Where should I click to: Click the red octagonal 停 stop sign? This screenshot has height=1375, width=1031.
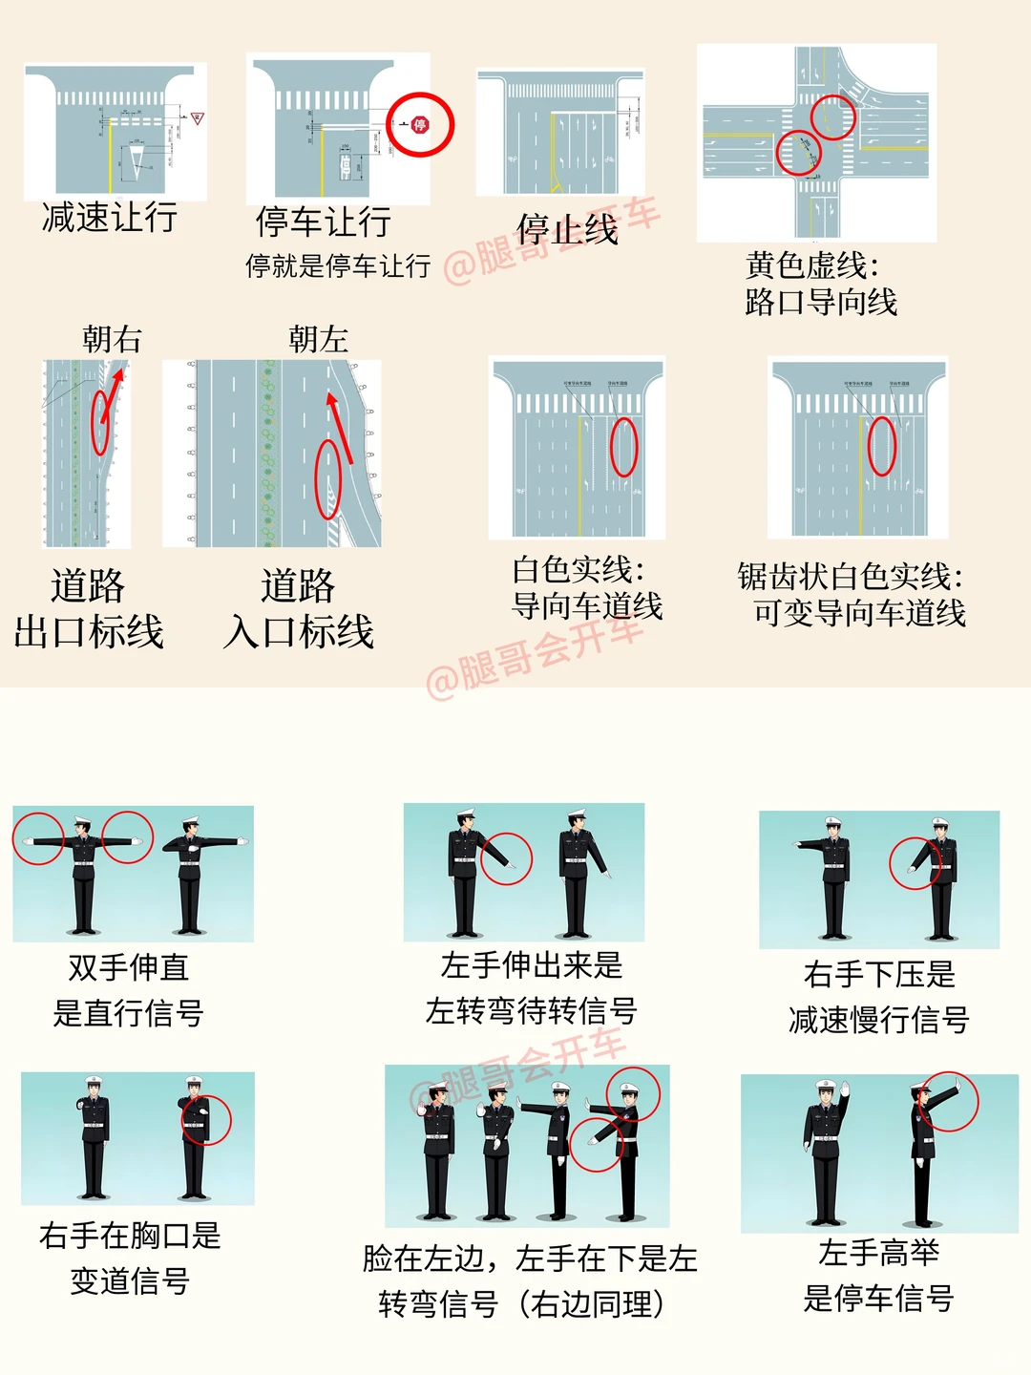click(420, 124)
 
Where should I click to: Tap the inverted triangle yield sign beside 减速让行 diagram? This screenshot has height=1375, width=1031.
click(198, 118)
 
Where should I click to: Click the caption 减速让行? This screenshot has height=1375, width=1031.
click(110, 218)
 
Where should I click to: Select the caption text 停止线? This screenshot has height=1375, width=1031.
click(567, 229)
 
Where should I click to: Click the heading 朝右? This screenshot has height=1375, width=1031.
click(112, 339)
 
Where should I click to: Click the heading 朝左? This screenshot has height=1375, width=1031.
click(318, 339)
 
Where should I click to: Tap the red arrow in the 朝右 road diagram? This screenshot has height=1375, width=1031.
click(114, 391)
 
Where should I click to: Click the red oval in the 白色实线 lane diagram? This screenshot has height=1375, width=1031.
click(623, 447)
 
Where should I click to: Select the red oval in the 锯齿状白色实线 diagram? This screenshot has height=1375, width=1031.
click(881, 446)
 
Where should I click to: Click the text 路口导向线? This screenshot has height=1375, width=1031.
click(821, 303)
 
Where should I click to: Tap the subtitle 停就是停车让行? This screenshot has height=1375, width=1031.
click(338, 265)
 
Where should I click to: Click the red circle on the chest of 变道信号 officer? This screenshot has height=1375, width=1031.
click(204, 1119)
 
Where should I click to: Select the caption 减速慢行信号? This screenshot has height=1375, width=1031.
click(878, 1020)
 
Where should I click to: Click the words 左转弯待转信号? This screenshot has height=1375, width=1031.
click(531, 1010)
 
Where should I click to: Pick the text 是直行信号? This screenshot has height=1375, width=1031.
click(128, 1013)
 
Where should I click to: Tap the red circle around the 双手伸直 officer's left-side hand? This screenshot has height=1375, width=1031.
click(38, 839)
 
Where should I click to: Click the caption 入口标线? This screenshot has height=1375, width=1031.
click(298, 631)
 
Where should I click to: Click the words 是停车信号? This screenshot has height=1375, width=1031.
click(878, 1298)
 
